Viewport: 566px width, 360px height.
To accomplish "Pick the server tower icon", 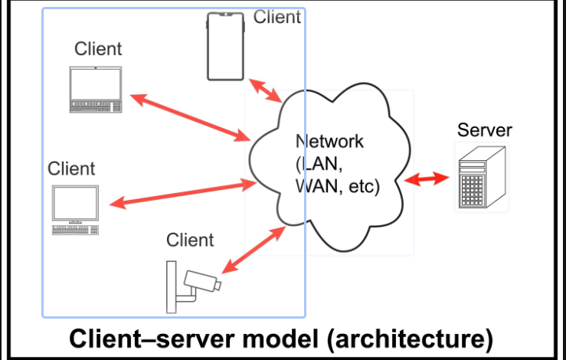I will (x=479, y=178).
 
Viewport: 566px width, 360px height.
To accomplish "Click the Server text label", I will (x=484, y=129).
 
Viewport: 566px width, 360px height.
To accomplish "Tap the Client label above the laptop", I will (x=98, y=49).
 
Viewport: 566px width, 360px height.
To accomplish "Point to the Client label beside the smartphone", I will (x=276, y=17).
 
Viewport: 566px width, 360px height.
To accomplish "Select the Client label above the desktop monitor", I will (x=71, y=168).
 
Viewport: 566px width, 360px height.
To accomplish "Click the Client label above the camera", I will (x=190, y=241).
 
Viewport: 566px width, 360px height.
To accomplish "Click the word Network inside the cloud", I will (x=329, y=142).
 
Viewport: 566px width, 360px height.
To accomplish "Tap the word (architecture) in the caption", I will (x=411, y=339).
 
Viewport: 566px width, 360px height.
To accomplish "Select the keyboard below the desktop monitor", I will (x=75, y=229).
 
